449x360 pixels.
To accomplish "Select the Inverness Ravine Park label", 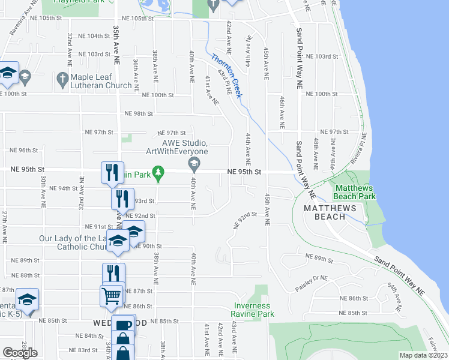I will (253, 310).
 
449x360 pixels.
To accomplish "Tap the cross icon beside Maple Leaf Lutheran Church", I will (62, 78).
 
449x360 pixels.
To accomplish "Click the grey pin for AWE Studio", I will (194, 163).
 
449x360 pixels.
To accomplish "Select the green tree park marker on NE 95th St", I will (158, 173).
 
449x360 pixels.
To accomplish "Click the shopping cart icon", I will (112, 295).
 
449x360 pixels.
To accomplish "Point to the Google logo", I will (20, 353).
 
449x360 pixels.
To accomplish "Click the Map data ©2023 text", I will (424, 355).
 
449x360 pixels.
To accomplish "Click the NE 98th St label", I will (139, 113).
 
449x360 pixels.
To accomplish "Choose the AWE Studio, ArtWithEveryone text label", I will (177, 147).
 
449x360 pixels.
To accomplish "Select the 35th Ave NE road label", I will (116, 43).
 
